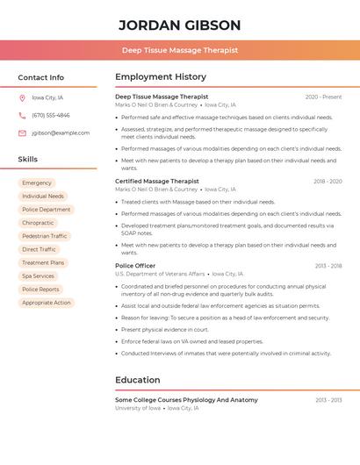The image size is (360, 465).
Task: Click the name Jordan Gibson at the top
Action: (179, 25)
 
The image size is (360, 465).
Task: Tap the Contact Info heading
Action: (40, 77)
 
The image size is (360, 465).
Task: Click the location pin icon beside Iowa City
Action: (22, 97)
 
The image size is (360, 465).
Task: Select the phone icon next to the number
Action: (22, 115)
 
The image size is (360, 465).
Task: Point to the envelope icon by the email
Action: (22, 133)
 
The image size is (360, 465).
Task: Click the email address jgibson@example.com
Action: (61, 133)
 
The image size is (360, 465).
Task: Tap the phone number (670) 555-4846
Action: (50, 115)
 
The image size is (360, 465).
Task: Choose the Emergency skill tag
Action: (37, 183)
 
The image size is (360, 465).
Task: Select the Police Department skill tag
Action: (47, 210)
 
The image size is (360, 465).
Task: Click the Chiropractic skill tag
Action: (38, 223)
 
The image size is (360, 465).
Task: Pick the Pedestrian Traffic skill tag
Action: (45, 236)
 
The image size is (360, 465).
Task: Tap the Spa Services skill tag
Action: (38, 276)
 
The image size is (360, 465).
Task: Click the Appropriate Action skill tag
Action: (47, 303)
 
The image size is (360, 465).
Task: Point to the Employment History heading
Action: (161, 77)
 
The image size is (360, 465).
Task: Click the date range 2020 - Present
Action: (323, 97)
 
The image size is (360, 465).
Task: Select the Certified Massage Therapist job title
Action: (157, 182)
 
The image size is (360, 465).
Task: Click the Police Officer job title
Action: (135, 266)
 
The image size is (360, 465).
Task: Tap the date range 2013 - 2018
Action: (328, 266)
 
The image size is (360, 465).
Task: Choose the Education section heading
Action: (138, 380)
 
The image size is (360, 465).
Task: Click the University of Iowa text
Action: (138, 408)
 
